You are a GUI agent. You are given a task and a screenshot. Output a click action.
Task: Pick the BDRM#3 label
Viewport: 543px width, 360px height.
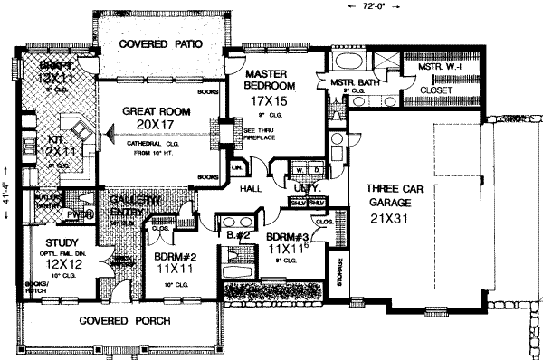(291, 241)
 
